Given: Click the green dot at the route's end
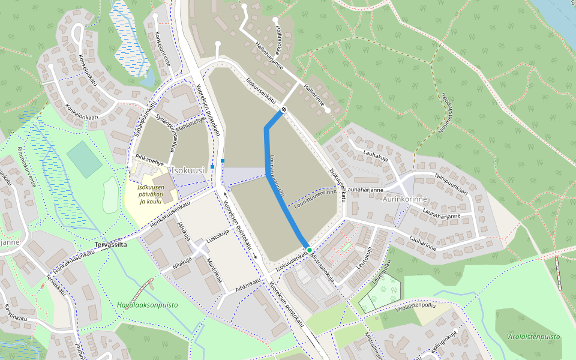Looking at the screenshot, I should [309, 249].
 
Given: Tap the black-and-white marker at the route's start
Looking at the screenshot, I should [283, 109].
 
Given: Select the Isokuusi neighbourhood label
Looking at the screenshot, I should [188, 170].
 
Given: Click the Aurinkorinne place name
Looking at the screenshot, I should [406, 198].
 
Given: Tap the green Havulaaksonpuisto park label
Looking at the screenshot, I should [148, 305].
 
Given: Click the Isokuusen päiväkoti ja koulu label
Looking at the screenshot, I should [150, 194].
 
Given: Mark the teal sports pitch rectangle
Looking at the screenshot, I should [84, 159].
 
